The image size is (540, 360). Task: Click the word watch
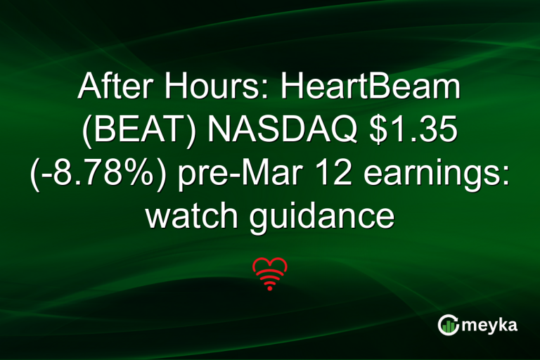[188, 217]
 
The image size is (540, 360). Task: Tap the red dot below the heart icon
[269, 288]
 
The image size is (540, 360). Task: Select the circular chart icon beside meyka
[448, 324]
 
